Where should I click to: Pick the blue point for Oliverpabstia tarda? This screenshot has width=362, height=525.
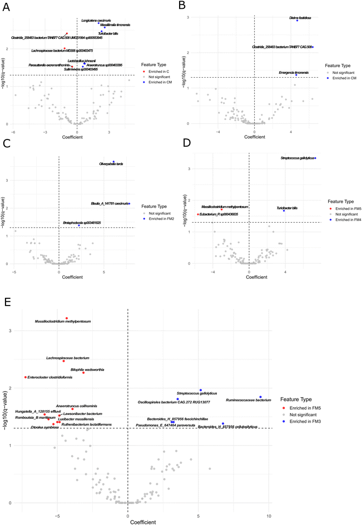(x=113, y=162)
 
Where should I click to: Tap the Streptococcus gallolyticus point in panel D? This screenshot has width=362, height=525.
(x=315, y=158)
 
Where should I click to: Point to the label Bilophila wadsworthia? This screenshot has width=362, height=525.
(x=87, y=369)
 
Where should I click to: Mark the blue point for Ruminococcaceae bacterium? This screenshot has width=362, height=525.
(x=260, y=397)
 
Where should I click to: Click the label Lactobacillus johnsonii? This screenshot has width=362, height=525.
(x=82, y=61)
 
